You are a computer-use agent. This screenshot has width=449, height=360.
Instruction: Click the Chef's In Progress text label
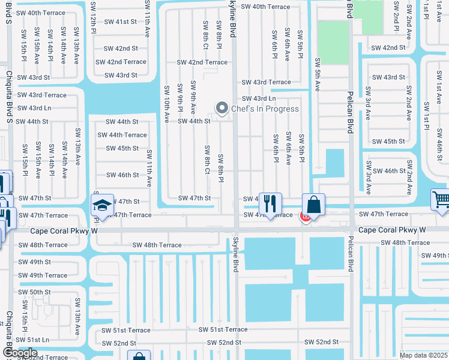coord(265,109)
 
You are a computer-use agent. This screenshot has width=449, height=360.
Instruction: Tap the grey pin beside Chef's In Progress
coord(222,109)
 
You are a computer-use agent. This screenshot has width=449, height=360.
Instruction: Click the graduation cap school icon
coord(103,205)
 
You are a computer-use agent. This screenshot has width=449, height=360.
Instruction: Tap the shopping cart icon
coord(441,199)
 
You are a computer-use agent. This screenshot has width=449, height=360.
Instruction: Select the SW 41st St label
coord(121,22)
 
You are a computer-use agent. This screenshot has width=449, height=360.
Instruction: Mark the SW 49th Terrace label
coord(42,275)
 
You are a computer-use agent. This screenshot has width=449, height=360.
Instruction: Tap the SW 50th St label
coord(34,292)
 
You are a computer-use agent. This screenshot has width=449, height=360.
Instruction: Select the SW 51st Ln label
coord(34,340)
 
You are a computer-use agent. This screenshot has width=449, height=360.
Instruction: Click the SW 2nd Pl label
coord(396,17)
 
